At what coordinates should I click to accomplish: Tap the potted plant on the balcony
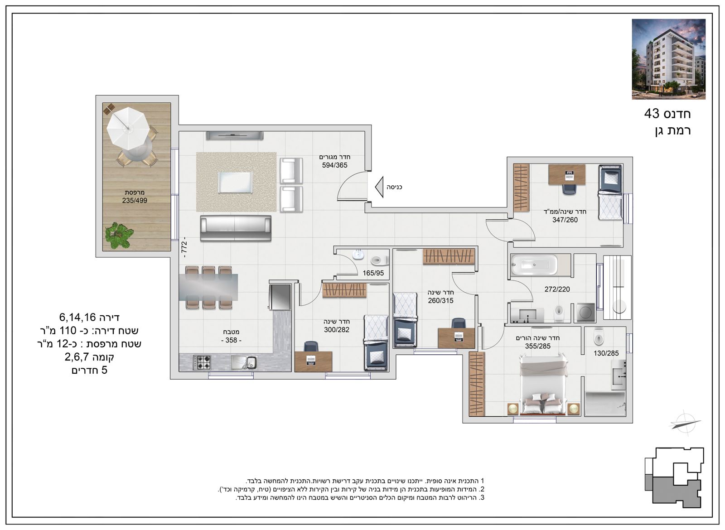point(119,235)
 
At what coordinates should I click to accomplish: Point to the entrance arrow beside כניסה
point(379,187)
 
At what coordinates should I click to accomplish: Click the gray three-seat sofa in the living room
point(236,228)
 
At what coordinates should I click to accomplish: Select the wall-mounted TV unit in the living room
point(234,135)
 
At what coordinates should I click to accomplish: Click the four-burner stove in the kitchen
point(202,363)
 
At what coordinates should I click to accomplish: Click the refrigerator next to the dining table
point(280,297)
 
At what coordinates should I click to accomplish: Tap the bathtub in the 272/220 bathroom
point(534,265)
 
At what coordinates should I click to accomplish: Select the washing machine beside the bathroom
point(585,313)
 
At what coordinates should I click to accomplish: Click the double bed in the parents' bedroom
point(544,385)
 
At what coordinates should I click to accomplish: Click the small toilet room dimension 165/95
point(373,273)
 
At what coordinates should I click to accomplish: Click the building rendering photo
point(669,59)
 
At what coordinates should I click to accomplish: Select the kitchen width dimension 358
point(231,340)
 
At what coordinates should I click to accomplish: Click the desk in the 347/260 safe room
point(567,175)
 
